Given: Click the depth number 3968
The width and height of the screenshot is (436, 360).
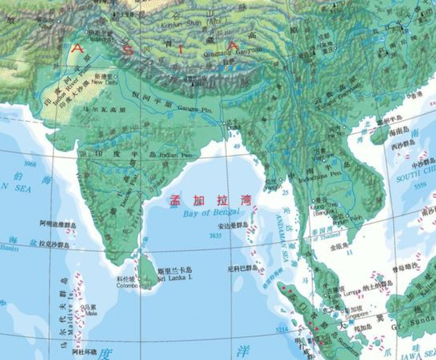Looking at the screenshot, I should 30,164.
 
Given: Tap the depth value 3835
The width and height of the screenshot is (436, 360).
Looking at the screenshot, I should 216,235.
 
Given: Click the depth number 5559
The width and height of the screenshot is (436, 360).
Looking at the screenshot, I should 420,185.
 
